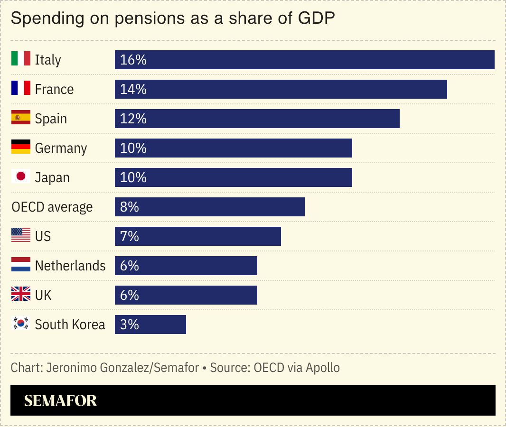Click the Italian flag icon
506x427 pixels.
[x=21, y=59]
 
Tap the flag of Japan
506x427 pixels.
[x=21, y=177]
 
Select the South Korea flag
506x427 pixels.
[x=21, y=324]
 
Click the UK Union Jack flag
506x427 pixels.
[x=21, y=295]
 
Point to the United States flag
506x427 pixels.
[x=21, y=236]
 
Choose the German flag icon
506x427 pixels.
[x=21, y=148]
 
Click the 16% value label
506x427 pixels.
[x=133, y=60]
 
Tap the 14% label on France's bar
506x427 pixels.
[x=133, y=89]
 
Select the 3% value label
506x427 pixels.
[x=130, y=325]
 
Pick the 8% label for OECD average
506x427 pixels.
[x=130, y=207]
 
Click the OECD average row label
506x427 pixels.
[x=52, y=207]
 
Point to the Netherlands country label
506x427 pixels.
[x=70, y=266]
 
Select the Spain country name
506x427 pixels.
[x=51, y=119]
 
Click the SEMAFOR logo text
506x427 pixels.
[x=60, y=401]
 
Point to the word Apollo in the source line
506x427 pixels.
[x=323, y=368]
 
